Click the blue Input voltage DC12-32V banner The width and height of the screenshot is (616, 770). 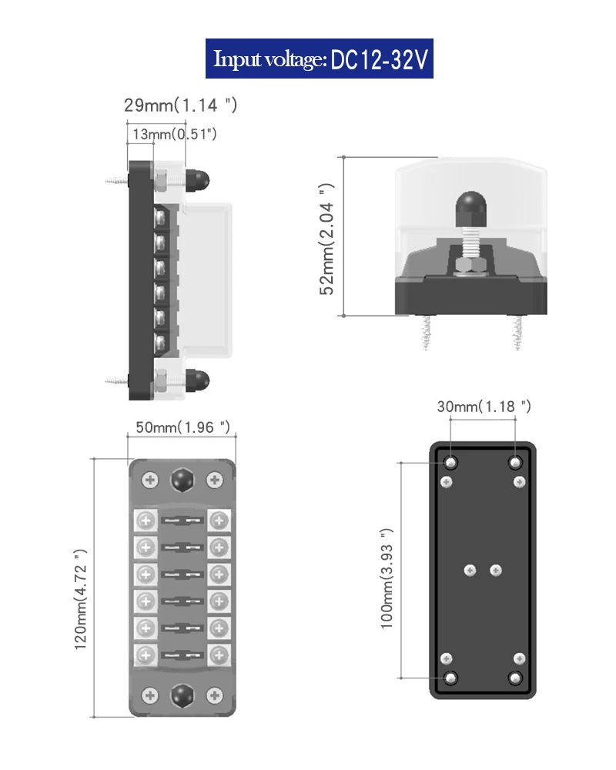pyautogui.click(x=320, y=59)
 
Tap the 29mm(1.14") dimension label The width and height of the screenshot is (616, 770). pyautogui.click(x=180, y=105)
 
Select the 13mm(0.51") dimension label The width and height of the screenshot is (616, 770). pyautogui.click(x=174, y=134)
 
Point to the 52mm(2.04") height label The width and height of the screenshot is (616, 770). pyautogui.click(x=326, y=239)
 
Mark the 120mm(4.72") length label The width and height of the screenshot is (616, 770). pyautogui.click(x=81, y=599)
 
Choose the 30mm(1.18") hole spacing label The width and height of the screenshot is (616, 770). pyautogui.click(x=484, y=406)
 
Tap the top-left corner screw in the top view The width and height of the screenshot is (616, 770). pyautogui.click(x=150, y=480)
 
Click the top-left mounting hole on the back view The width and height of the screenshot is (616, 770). pyautogui.click(x=451, y=463)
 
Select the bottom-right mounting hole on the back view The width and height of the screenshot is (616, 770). pyautogui.click(x=515, y=678)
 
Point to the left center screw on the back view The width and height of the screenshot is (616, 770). pyautogui.click(x=470, y=571)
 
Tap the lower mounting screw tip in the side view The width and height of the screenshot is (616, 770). pyautogui.click(x=115, y=380)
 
